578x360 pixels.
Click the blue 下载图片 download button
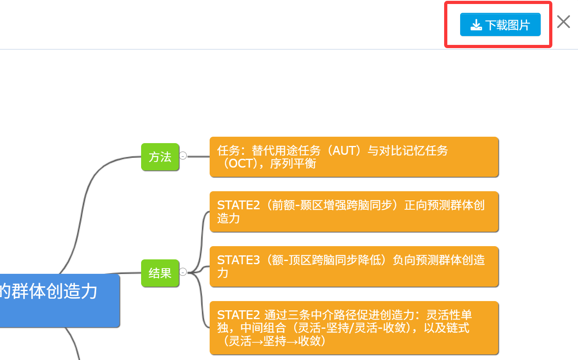(x=500, y=25)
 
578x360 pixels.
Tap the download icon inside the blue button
(x=476, y=25)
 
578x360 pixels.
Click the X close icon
(x=563, y=22)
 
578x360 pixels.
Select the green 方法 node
(x=160, y=157)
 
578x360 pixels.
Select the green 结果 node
(x=160, y=273)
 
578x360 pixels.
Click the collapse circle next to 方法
(x=183, y=156)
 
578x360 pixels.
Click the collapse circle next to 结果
(x=183, y=272)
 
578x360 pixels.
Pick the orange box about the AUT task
(x=354, y=157)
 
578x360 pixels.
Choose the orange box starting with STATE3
(x=354, y=266)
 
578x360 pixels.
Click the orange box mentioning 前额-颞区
(x=354, y=211)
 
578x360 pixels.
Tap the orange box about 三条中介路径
(x=354, y=328)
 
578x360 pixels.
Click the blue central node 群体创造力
(x=56, y=300)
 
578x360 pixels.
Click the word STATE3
(x=238, y=260)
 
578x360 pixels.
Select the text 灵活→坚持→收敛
(x=275, y=341)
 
